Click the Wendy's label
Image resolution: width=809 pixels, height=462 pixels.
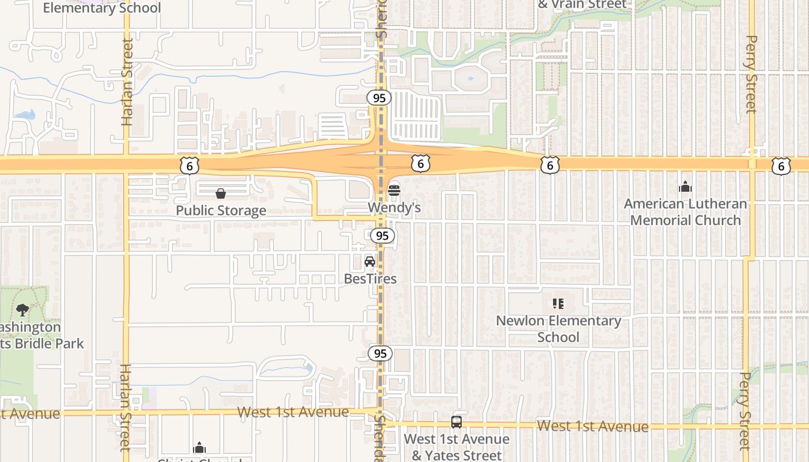coord(395,207)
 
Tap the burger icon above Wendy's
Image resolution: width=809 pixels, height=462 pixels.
coord(394,190)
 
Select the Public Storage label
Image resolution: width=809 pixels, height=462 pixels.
coord(221,210)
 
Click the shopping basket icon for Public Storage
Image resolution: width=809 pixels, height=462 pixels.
coord(221,193)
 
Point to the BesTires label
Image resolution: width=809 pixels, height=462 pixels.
coord(370,279)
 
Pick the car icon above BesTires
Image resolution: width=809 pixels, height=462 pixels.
coord(370,262)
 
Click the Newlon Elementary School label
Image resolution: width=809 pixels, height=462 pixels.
coord(558,329)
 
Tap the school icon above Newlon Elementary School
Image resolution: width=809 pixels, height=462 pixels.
coord(558,303)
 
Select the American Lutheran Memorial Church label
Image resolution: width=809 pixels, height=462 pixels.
coord(685,212)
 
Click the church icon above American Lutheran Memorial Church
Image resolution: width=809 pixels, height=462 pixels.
coord(685,187)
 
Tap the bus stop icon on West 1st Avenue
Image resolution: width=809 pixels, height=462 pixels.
coord(457,422)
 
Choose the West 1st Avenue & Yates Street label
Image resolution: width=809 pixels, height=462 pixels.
coord(457,447)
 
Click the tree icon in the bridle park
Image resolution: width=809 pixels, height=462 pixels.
coord(23,310)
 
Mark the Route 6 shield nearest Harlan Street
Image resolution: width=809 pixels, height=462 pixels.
coord(190,166)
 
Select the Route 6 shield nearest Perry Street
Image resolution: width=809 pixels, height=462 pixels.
coord(781,166)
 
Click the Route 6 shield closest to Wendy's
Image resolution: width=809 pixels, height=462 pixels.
coord(421,164)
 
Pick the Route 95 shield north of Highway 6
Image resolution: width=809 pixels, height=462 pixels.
coord(379,98)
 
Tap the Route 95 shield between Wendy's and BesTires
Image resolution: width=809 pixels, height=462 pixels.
coord(382,236)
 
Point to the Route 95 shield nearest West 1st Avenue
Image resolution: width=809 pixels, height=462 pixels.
coord(380,353)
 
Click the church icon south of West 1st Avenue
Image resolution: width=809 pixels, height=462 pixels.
coord(199,448)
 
